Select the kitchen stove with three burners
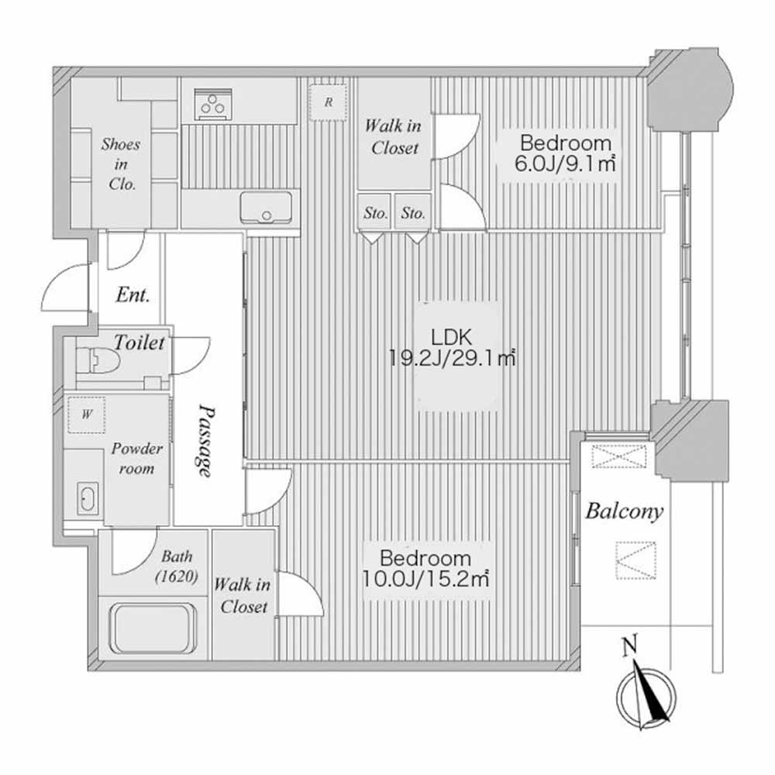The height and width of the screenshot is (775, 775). tap(214, 105)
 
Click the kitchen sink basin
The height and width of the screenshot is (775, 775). tap(266, 207)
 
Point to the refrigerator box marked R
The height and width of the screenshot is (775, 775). tap(328, 102)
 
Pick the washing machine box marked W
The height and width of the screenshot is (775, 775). tap(87, 415)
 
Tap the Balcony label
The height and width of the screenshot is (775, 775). tap(624, 511)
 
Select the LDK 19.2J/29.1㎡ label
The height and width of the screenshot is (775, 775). tap(452, 347)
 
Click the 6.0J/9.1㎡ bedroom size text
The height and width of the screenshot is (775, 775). tap(565, 164)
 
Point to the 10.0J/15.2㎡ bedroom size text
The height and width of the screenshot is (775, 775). tap(425, 579)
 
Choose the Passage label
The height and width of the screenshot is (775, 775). tap(206, 441)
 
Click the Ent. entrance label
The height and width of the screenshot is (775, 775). tap(133, 295)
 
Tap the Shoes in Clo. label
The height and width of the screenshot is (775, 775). tap(121, 164)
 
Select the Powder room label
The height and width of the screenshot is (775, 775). tap(136, 458)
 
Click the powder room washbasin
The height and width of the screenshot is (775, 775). tap(88, 498)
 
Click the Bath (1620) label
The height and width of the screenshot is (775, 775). tap(177, 567)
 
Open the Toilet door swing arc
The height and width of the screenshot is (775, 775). tap(191, 356)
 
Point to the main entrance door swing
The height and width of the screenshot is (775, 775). tap(65, 287)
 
